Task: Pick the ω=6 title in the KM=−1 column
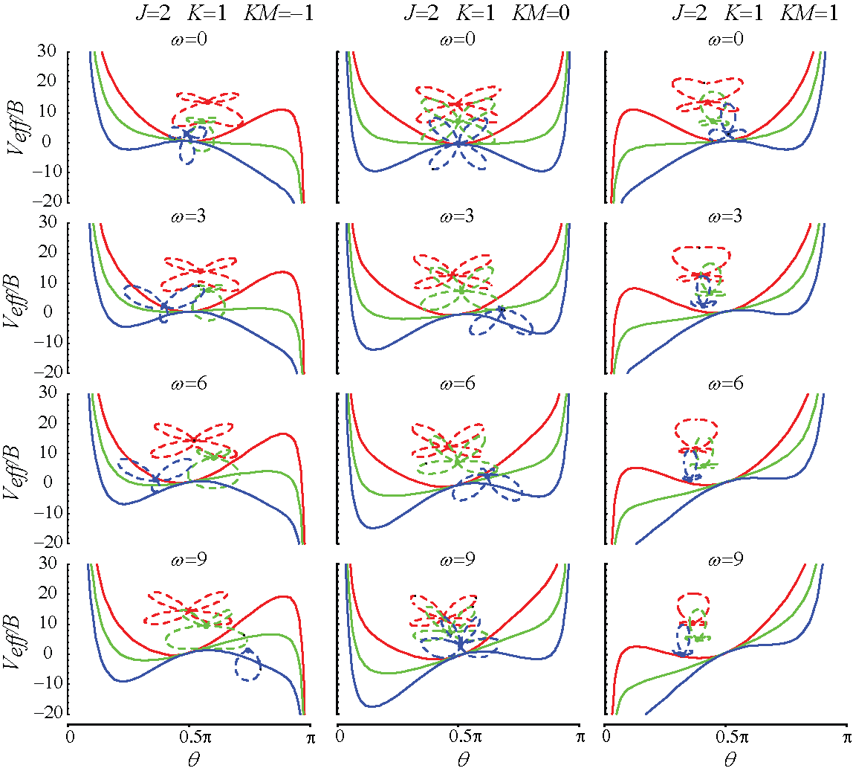pyautogui.click(x=189, y=384)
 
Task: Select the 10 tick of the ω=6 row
pyautogui.click(x=53, y=453)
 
